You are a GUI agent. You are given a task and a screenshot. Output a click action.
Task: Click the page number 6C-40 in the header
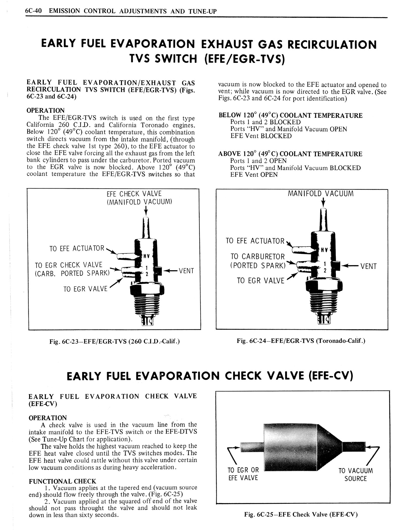tap(35, 11)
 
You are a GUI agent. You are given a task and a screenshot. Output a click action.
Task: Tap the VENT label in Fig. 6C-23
tap(186, 271)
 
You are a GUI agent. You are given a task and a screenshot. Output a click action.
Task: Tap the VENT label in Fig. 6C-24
tap(368, 266)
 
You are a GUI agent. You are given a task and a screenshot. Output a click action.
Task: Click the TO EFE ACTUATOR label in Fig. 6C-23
tap(77, 249)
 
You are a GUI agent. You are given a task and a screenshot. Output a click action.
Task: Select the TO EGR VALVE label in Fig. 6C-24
tap(260, 281)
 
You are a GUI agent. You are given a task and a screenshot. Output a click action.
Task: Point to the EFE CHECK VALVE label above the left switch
tap(134, 194)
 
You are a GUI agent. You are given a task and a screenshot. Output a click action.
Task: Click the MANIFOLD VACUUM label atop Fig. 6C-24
tap(321, 194)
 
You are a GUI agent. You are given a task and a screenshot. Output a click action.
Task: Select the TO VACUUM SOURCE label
tap(356, 474)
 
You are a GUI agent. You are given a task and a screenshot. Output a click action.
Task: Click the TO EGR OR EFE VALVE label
tap(243, 474)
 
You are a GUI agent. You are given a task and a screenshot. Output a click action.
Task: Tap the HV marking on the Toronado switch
tap(324, 250)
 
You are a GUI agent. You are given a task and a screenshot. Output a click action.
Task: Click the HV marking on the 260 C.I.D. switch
tap(146, 256)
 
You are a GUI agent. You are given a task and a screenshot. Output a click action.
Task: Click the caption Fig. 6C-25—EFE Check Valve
tap(301, 514)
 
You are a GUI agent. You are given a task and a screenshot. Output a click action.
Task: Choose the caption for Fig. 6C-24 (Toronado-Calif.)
tap(301, 341)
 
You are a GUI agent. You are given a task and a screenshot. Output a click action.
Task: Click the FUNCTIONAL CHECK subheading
tap(62, 482)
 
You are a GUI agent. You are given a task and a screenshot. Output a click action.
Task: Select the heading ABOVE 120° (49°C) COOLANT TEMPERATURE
tap(290, 154)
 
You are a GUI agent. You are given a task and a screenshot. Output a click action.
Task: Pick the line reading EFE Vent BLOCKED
tap(261, 136)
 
